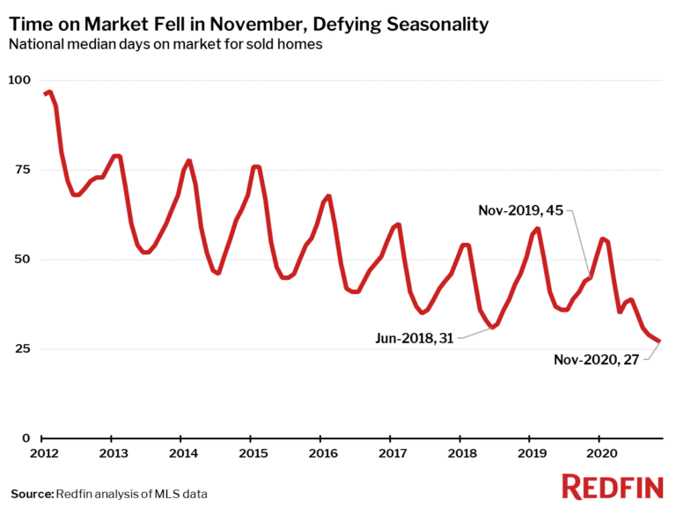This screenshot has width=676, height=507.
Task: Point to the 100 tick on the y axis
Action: (18, 80)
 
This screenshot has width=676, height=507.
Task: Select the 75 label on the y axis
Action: (21, 170)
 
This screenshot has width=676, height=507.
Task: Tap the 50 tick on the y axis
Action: (21, 260)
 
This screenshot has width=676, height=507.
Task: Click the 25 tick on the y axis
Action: (21, 349)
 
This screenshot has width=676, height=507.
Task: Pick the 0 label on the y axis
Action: (26, 438)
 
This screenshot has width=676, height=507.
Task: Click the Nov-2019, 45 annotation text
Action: (519, 210)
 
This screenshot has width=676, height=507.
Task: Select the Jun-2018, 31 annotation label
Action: (414, 338)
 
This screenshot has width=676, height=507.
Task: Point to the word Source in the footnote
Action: (31, 493)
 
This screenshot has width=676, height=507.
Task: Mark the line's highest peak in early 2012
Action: (49, 92)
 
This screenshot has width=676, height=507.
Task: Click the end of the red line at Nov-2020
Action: (659, 342)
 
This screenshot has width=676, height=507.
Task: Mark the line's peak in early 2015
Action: (255, 166)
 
